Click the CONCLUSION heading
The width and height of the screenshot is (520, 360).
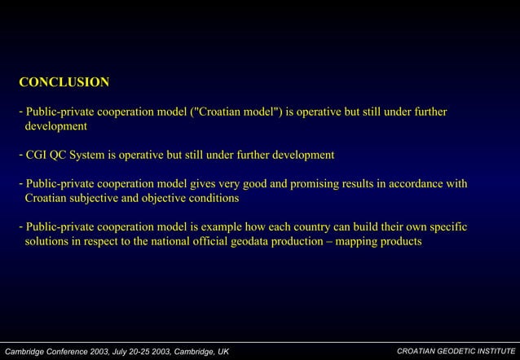[64, 82]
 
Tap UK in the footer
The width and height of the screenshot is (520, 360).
[222, 351]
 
